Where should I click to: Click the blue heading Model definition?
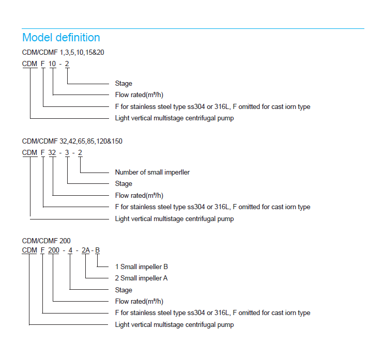coord(61,38)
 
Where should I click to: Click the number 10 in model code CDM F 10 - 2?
coord(52,64)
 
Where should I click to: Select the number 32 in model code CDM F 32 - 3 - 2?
coord(52,152)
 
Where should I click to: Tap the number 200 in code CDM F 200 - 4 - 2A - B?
coord(54,251)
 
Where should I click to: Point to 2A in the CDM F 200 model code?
coord(86,251)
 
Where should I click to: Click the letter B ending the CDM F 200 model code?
coord(98,251)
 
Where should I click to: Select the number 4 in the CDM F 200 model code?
coord(70,251)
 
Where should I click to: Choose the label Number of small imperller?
coord(152,172)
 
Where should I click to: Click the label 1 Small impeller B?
coord(141,267)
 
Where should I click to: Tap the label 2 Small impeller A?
coord(141,278)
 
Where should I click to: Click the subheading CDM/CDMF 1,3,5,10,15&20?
coord(64,52)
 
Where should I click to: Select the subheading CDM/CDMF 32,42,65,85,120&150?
coord(72,141)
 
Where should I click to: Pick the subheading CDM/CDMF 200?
coord(47,240)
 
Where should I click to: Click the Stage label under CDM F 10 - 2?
coord(124,84)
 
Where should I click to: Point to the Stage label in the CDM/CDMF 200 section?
coord(124,290)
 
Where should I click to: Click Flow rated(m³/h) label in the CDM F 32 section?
coord(139,195)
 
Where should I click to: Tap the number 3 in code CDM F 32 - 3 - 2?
coord(68,152)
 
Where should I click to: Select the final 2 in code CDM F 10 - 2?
coord(67,64)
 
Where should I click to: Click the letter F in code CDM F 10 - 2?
coord(43,64)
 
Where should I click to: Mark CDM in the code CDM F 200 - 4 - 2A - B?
coord(29,251)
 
